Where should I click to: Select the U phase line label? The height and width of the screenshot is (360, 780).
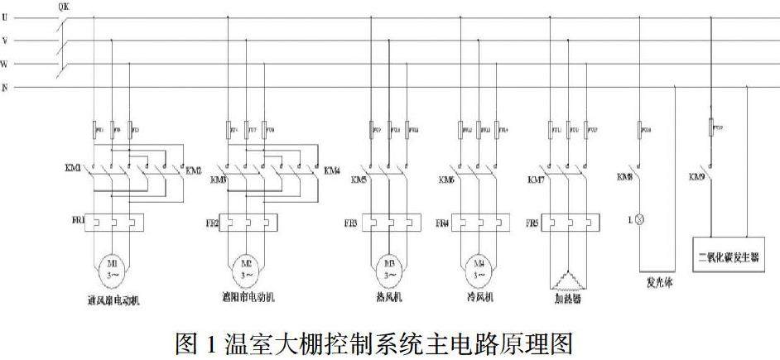click(5, 17)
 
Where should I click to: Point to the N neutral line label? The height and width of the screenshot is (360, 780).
click(5, 87)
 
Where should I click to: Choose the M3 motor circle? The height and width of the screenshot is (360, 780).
click(388, 267)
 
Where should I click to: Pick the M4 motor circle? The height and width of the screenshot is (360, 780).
click(479, 267)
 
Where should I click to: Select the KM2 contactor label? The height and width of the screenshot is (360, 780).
click(194, 169)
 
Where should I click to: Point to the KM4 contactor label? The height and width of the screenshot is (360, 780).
click(331, 170)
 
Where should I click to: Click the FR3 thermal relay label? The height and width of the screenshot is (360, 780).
click(351, 223)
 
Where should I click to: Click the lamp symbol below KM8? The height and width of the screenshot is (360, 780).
click(639, 221)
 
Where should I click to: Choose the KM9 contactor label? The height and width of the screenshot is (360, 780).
click(696, 177)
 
